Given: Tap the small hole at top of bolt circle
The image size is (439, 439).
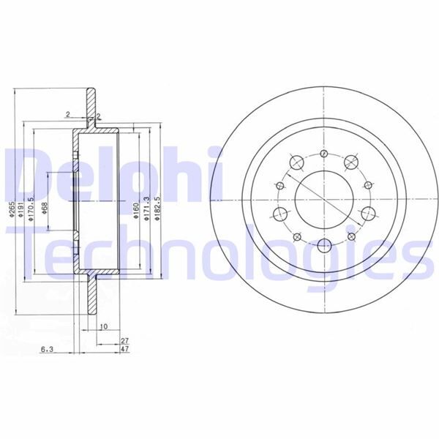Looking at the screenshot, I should coord(323,154).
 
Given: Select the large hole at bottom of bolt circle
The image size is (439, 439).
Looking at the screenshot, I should coord(323,244).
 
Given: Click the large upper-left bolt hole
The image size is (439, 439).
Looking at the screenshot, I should coord(296,162).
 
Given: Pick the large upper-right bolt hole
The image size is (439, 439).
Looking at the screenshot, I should coord(350,162).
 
